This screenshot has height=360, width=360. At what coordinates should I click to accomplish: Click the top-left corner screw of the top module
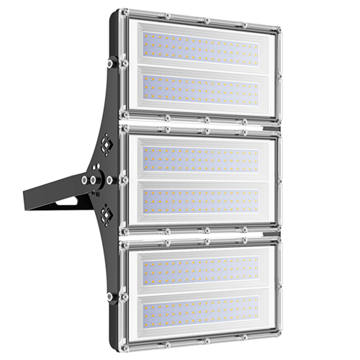tap(127, 17)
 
